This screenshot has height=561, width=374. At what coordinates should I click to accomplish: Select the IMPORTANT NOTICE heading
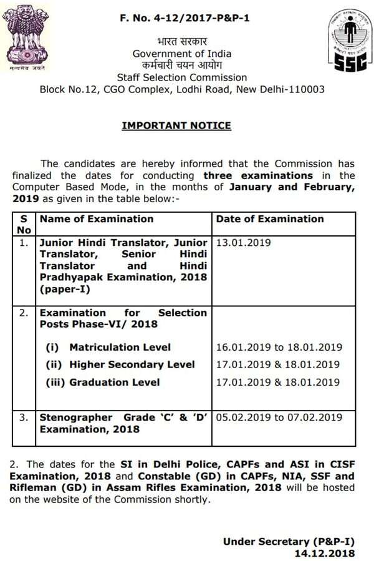176,125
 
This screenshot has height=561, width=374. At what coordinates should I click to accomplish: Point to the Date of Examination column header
270,218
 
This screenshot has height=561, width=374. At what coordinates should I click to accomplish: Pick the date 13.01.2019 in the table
243,242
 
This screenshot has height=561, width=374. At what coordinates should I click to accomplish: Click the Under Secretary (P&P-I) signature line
289,541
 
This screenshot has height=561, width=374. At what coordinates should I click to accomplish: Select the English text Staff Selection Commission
182,77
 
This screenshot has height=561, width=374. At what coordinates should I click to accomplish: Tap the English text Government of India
182,54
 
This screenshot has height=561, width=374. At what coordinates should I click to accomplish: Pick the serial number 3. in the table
24,417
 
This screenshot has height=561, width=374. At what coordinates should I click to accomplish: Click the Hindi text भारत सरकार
182,42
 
